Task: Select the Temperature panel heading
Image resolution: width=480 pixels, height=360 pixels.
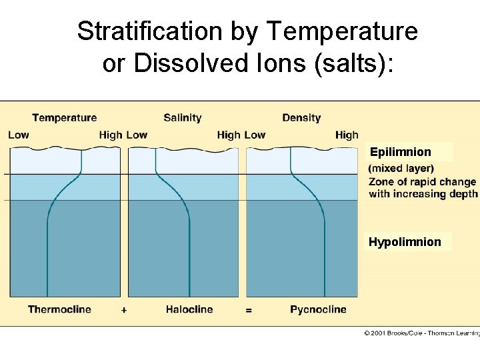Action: pos(64,118)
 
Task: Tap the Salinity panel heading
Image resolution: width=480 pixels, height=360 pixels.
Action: pos(182,118)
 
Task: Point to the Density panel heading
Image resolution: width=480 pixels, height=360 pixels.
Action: pos(301,118)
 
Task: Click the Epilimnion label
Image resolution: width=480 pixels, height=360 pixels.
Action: pos(401,152)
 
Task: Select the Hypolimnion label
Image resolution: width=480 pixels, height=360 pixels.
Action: pos(405,242)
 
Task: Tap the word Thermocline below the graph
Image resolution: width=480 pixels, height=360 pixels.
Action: pos(59,309)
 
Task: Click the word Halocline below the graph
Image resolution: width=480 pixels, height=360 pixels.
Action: pos(189,309)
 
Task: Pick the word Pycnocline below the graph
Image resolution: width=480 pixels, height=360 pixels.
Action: pos(318,309)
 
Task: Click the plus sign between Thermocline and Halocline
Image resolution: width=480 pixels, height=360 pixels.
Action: pos(124,310)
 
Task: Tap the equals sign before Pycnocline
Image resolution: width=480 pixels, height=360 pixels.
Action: pos(248,310)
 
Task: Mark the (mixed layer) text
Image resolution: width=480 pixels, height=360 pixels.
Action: pos(401,169)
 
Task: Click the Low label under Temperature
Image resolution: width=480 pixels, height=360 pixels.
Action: pos(19,135)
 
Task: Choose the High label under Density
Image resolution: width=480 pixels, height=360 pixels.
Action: pos(347,135)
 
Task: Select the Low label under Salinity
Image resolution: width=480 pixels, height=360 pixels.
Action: pos(137,135)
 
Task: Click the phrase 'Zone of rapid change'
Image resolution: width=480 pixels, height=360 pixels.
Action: pos(423,181)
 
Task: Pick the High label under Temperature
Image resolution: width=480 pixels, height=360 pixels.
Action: pos(111,135)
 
